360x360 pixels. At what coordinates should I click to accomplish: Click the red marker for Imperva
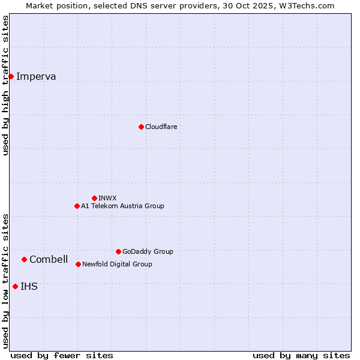click(x=11, y=76)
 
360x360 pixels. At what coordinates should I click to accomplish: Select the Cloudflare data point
click(x=141, y=127)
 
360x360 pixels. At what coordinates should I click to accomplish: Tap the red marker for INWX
click(x=94, y=198)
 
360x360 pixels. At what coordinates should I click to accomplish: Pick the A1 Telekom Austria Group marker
click(x=77, y=206)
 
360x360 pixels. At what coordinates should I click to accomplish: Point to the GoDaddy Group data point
click(x=118, y=251)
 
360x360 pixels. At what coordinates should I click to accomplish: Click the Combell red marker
click(x=24, y=259)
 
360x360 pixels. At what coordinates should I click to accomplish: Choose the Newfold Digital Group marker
click(x=78, y=264)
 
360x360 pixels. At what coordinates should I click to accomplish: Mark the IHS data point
click(x=15, y=286)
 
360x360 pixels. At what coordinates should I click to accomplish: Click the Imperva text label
click(x=36, y=76)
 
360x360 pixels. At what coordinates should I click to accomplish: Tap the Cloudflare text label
click(x=161, y=127)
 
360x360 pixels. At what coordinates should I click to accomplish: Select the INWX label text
click(x=107, y=198)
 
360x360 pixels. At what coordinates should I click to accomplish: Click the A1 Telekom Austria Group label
click(x=122, y=206)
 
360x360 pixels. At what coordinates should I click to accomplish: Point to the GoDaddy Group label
click(x=148, y=251)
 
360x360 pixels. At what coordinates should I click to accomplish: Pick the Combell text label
click(x=49, y=259)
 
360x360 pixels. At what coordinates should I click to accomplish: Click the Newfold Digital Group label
click(x=117, y=264)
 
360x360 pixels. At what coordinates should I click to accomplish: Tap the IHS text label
click(x=29, y=286)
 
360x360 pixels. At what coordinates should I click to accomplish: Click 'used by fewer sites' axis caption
click(x=62, y=355)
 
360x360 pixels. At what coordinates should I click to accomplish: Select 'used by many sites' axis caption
click(x=301, y=355)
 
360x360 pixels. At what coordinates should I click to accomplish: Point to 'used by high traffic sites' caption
click(x=5, y=85)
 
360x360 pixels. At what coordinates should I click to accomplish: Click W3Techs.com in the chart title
click(x=305, y=5)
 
